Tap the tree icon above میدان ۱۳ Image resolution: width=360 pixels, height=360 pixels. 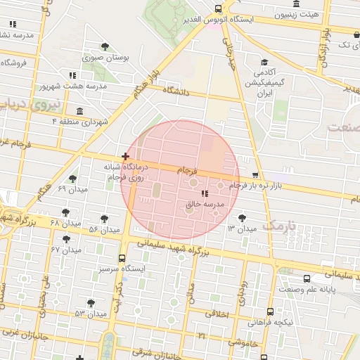(243, 218)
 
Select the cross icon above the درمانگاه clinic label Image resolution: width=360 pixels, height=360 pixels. (125, 156)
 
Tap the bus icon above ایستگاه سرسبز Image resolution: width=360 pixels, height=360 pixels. (122, 258)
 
